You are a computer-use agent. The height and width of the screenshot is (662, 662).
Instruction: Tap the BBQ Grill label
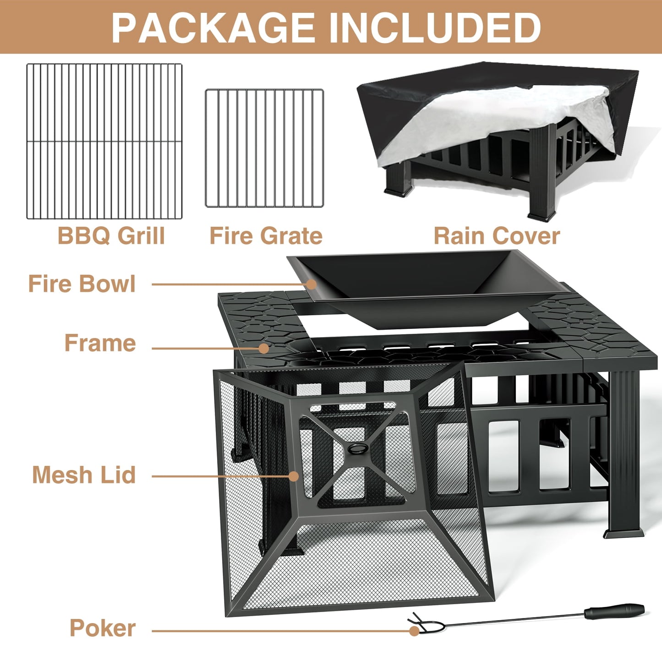pos(111,236)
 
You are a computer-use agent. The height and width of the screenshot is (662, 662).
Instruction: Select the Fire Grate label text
pos(266,236)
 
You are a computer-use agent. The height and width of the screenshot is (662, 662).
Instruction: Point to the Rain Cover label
pos(497,236)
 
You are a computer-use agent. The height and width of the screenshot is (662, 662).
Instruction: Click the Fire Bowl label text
pos(82,284)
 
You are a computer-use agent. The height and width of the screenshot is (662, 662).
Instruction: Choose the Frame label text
pos(100,343)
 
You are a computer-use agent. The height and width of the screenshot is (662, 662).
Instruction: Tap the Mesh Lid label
pos(84,475)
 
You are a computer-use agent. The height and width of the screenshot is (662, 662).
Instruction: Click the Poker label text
pos(103,628)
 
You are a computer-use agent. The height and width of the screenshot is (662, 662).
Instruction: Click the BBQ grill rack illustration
pos(104,141)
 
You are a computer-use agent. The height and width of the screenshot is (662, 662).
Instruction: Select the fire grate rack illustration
pos(264,148)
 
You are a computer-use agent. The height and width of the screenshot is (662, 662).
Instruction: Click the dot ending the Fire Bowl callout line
pos(312,284)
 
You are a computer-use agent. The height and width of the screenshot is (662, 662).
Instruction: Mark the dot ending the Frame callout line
pos(263,348)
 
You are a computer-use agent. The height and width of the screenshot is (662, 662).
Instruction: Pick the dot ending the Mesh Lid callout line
pos(294,476)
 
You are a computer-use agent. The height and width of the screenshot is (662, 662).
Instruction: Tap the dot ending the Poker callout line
pos(414,631)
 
